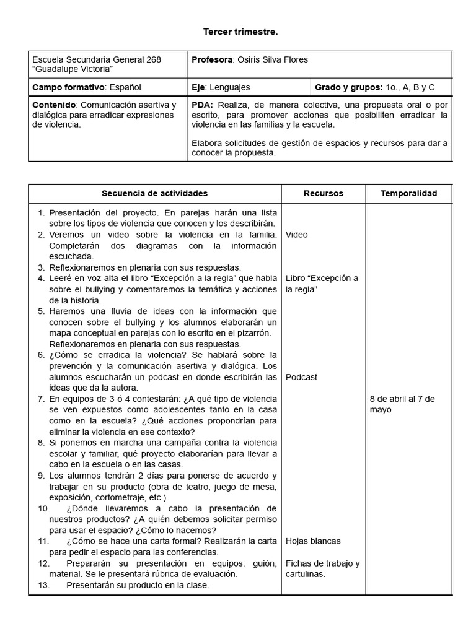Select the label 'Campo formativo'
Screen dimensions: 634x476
[x=68, y=87]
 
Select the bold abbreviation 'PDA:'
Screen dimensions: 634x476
[x=202, y=105]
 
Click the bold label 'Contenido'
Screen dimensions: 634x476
[x=55, y=105]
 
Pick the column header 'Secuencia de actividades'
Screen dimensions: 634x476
[x=154, y=193]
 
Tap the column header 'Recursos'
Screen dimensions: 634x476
[x=323, y=193]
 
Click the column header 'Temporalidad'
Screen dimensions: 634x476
[x=408, y=193]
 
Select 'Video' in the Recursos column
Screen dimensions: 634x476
[x=296, y=235]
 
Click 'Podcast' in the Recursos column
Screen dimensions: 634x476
[x=301, y=377]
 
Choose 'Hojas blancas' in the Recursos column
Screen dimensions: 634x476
[x=313, y=541]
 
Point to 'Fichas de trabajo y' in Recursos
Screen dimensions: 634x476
[x=322, y=563]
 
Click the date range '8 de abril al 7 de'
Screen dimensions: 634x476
[x=402, y=399]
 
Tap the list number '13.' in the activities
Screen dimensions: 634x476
[x=43, y=585]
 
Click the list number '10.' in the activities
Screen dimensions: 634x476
[x=43, y=508]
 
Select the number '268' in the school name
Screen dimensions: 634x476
[x=153, y=59]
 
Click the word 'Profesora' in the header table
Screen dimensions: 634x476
[x=211, y=59]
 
